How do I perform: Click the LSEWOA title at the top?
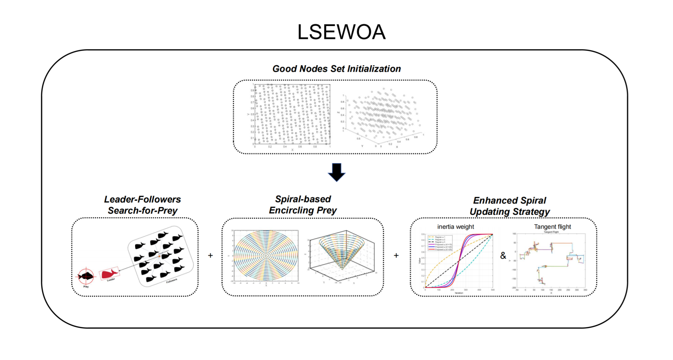[x=341, y=32]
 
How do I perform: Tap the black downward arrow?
[x=337, y=172]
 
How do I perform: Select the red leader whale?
[x=109, y=273]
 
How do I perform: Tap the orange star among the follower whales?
[x=159, y=256]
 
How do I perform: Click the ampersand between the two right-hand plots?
[x=503, y=256]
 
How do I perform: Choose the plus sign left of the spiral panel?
[x=210, y=256]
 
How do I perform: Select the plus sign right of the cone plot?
[x=396, y=256]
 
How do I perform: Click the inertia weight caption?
[x=455, y=227]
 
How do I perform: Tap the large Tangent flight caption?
[x=552, y=227]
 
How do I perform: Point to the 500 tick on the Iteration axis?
[x=493, y=290]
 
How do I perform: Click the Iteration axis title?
[x=459, y=293]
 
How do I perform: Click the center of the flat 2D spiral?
[x=266, y=256]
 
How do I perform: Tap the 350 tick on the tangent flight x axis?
[x=585, y=290]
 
